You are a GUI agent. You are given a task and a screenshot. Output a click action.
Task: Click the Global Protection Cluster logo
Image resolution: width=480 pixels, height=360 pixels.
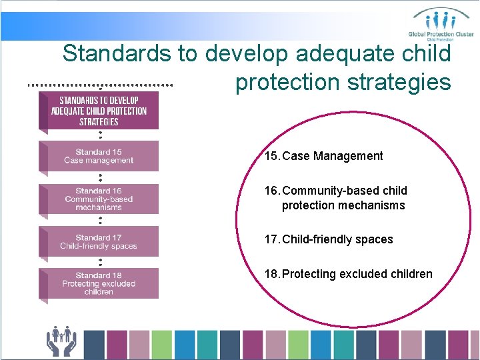(x=441, y=23)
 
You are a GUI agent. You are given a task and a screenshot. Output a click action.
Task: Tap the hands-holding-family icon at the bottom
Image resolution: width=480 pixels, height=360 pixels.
(x=61, y=341)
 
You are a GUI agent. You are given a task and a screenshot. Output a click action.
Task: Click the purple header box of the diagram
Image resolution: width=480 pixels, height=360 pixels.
(x=99, y=110)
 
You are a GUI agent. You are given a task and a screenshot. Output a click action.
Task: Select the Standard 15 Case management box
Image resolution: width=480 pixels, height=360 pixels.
(x=99, y=156)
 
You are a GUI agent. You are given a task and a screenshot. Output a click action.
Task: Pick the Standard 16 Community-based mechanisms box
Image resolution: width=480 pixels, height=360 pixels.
(x=99, y=199)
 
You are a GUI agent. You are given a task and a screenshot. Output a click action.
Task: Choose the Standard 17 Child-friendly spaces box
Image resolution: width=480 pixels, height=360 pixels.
(x=99, y=241)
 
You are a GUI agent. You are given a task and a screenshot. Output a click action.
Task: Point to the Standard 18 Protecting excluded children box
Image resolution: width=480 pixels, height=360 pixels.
(x=99, y=283)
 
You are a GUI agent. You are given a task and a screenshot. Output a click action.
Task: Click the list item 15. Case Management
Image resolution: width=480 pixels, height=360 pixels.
(x=324, y=156)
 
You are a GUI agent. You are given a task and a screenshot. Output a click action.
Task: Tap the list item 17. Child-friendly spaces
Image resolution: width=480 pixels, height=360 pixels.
(x=329, y=239)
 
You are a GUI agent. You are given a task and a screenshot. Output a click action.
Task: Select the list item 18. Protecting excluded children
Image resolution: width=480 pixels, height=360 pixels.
(x=348, y=274)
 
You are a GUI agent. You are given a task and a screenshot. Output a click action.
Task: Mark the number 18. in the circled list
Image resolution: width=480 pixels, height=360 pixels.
(x=272, y=274)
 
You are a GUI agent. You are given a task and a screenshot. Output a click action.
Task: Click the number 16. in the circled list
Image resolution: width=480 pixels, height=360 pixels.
(x=272, y=191)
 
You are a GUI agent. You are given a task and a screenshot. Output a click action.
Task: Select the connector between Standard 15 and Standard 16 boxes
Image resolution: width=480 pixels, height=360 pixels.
(x=100, y=177)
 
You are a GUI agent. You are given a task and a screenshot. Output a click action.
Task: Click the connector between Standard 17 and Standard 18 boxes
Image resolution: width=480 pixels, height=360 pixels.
(x=100, y=262)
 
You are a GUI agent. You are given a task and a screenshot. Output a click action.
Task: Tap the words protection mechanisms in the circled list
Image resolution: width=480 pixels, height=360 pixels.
(x=343, y=205)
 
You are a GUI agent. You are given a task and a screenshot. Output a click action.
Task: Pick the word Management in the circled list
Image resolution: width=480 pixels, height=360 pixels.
(x=349, y=156)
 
